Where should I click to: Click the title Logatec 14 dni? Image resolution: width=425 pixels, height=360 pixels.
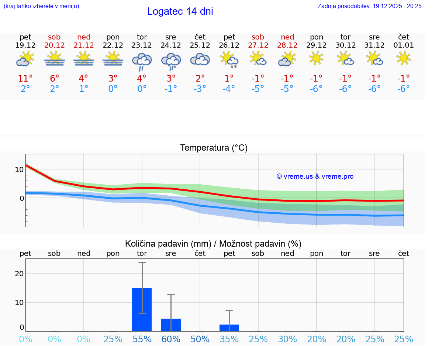pyautogui.click(x=180, y=11)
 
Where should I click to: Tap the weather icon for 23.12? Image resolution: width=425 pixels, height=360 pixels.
pyautogui.click(x=142, y=61)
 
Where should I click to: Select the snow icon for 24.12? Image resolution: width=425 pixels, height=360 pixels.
pyautogui.click(x=171, y=61)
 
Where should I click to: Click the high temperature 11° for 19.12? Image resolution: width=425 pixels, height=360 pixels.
pyautogui.click(x=25, y=79)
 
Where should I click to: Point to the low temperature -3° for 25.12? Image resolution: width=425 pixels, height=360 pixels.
pyautogui.click(x=200, y=89)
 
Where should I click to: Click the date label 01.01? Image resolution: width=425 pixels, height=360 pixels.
pyautogui.click(x=404, y=45)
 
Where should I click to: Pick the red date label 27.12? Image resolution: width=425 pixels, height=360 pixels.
pyautogui.click(x=258, y=45)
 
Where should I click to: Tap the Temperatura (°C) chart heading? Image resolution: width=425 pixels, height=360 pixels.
pyautogui.click(x=214, y=148)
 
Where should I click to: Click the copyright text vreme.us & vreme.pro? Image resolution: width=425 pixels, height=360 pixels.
pyautogui.click(x=315, y=176)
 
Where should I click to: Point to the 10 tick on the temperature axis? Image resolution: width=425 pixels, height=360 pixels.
pyautogui.click(x=19, y=169)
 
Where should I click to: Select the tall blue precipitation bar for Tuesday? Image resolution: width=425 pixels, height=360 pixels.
pyautogui.click(x=142, y=309)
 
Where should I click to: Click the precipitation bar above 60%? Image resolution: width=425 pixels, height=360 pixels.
pyautogui.click(x=171, y=325)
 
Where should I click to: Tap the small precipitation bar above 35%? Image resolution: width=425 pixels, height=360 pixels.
pyautogui.click(x=229, y=328)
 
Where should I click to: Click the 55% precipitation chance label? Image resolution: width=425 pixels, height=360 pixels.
pyautogui.click(x=142, y=339)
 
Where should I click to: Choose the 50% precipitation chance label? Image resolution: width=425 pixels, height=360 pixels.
pyautogui.click(x=200, y=339)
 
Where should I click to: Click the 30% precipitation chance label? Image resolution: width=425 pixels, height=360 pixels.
pyautogui.click(x=287, y=339)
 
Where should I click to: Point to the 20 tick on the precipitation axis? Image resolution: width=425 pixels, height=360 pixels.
pyautogui.click(x=19, y=274)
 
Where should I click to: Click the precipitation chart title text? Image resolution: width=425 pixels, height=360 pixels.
pyautogui.click(x=213, y=244)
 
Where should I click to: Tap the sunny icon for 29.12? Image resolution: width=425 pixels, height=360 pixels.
pyautogui.click(x=316, y=58)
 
